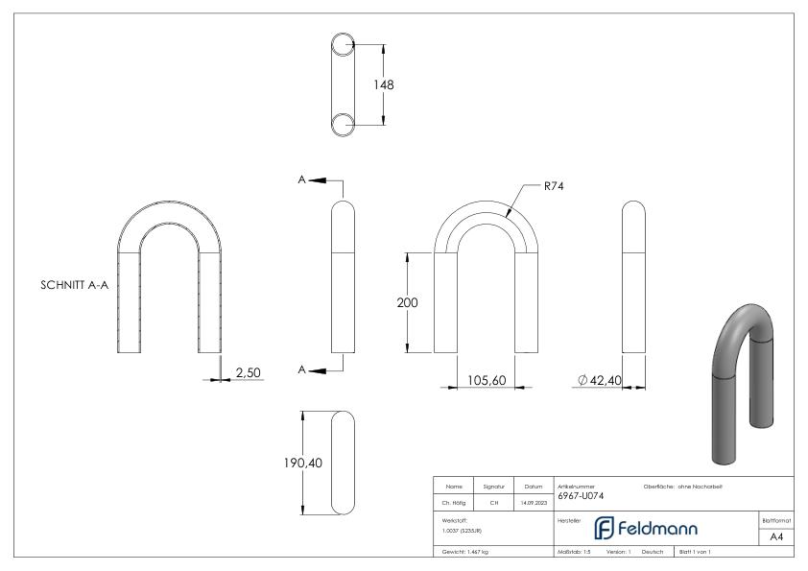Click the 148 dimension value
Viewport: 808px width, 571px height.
tap(384, 84)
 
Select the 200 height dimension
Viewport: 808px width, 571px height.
tap(407, 302)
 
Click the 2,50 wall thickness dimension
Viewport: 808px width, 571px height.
tap(249, 371)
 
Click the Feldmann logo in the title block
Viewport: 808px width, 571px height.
tap(646, 529)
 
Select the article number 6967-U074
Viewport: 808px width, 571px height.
tap(581, 496)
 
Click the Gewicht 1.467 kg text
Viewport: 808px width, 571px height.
tap(465, 553)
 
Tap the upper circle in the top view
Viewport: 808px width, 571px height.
tap(344, 46)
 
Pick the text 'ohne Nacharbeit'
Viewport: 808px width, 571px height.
tap(701, 487)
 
